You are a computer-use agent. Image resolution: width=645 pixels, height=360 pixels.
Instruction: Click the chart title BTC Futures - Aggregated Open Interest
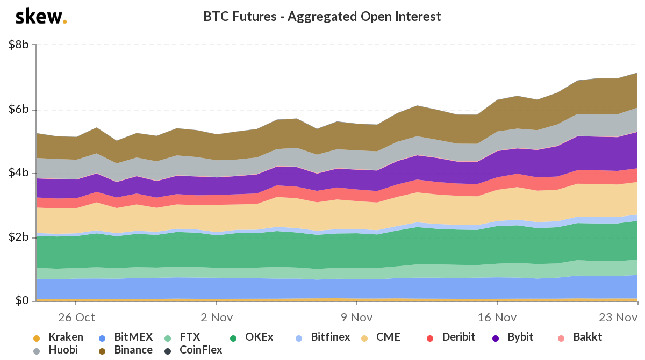point(322,17)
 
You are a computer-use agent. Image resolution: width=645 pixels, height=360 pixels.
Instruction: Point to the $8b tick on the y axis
point(19,45)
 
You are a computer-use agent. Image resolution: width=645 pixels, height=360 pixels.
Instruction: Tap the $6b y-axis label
point(19,110)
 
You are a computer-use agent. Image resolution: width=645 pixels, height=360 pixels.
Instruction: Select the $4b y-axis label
point(19,174)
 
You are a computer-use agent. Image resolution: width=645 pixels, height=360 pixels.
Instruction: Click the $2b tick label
point(19,237)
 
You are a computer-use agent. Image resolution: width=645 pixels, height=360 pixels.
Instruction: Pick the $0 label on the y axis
point(22,301)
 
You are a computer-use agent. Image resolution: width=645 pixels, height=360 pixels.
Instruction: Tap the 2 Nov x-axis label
point(216,317)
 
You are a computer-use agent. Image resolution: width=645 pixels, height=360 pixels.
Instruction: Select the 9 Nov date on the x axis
point(356,317)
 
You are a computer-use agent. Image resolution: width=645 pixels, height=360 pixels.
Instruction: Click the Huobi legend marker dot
point(37,351)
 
